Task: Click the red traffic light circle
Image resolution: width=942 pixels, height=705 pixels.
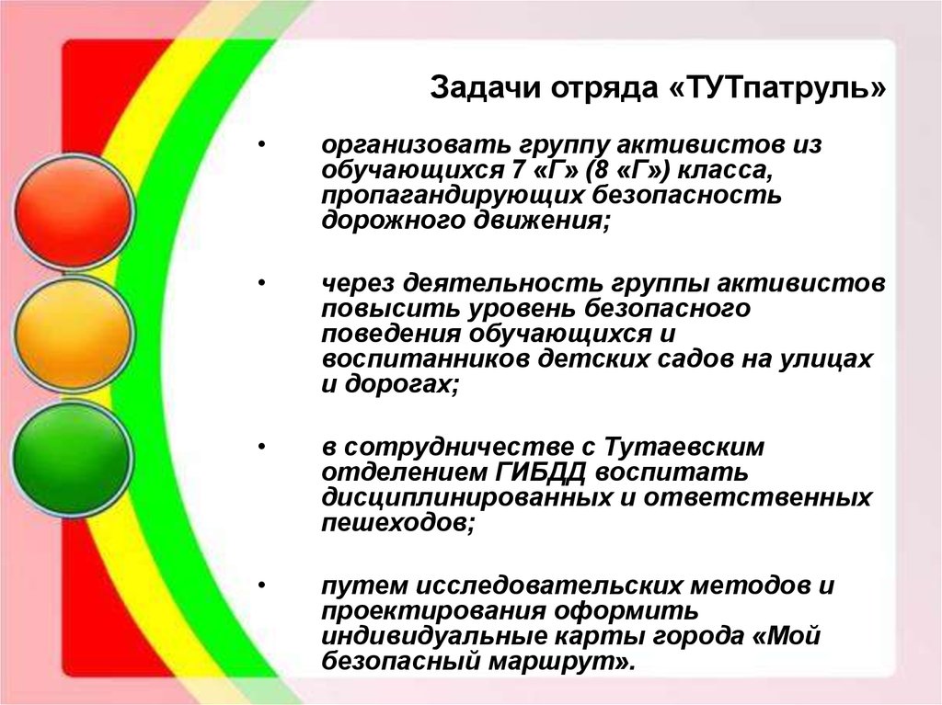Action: (73, 211)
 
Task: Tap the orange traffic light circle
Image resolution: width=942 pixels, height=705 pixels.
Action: (73, 334)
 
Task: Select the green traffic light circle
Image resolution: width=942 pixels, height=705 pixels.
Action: (72, 458)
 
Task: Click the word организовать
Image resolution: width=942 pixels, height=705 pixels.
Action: (416, 145)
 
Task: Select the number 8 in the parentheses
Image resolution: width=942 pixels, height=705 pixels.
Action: (602, 171)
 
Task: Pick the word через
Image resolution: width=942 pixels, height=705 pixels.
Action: (358, 283)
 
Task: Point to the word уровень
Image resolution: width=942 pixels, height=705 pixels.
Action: (521, 308)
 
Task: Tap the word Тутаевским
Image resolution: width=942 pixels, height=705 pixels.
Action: (684, 448)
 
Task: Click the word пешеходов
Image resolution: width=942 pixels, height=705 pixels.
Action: (397, 523)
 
